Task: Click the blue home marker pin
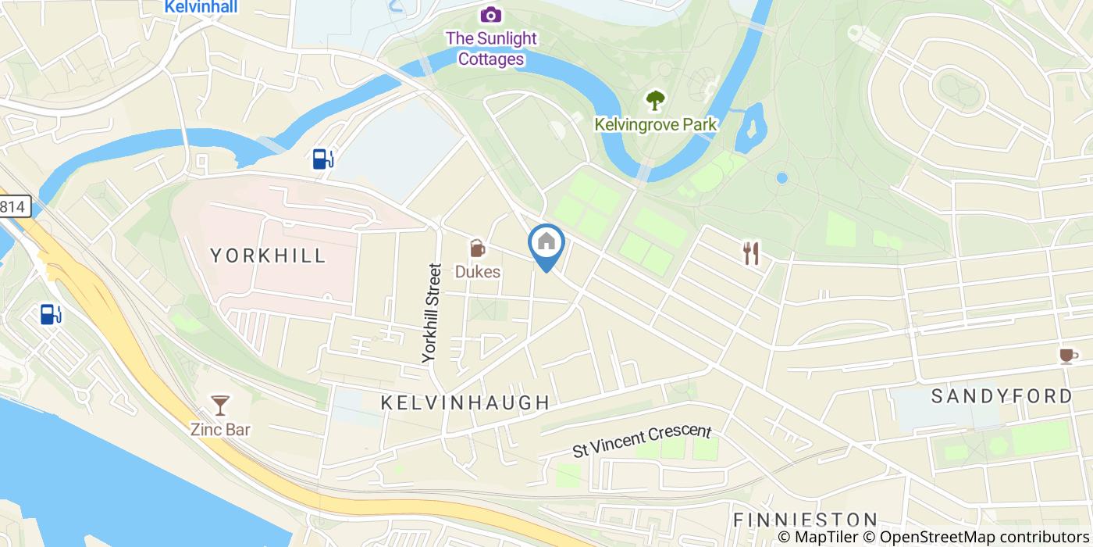546,244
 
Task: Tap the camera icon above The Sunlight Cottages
490,14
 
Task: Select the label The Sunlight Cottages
491,48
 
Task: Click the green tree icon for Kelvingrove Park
655,100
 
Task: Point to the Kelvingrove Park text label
655,124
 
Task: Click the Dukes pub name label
477,273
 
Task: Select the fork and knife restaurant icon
751,253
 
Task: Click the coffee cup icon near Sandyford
1066,356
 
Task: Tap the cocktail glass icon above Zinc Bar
220,405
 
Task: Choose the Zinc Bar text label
220,429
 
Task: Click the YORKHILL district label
268,256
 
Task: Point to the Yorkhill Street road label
432,313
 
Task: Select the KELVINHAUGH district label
465,403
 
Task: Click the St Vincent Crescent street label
642,441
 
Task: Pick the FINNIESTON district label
805,520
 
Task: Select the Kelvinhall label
201,7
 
